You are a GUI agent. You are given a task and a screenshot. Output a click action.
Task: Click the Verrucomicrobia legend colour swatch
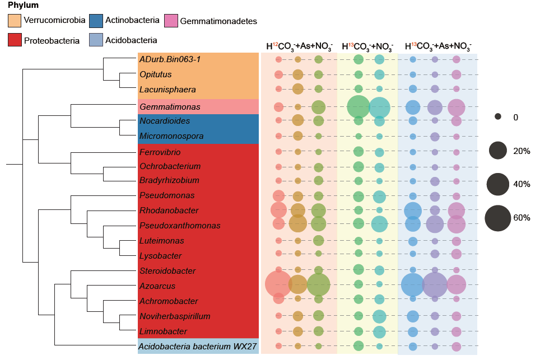pos(15,21)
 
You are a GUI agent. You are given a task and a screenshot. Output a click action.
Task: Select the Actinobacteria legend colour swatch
pos(96,21)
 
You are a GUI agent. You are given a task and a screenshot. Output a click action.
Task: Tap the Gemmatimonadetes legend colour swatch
pos(171,21)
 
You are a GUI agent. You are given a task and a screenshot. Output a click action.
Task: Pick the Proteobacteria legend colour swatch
pos(15,40)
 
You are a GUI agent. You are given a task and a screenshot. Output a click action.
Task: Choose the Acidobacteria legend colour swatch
pos(96,40)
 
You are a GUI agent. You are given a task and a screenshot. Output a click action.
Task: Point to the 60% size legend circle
pos(498,218)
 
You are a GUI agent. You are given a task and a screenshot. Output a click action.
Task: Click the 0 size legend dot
pos(497,117)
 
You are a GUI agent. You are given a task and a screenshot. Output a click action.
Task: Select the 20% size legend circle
pos(497,151)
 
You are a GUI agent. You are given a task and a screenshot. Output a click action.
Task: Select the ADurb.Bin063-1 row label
pos(170,59)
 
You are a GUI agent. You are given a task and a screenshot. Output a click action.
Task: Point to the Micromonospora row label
pos(171,136)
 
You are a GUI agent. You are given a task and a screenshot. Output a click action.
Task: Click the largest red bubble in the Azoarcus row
pos(278,284)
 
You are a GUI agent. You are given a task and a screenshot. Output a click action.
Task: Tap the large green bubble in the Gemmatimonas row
pos(359,106)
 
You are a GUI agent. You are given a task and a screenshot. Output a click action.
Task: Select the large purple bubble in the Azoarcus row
pos(435,284)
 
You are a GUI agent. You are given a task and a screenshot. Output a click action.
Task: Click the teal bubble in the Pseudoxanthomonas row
pos(379,224)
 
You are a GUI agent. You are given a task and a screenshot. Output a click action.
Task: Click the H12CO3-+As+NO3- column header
pos(299,46)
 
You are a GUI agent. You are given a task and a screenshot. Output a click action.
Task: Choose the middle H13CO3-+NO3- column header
pos(367,46)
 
